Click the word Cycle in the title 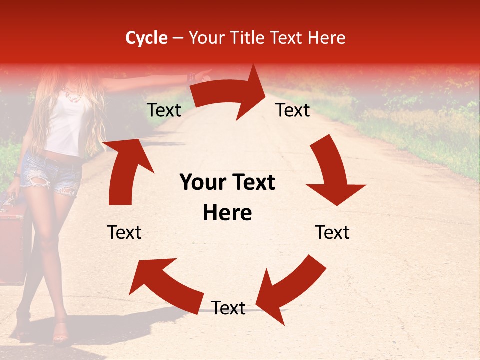click(x=146, y=38)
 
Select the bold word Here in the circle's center click(x=227, y=213)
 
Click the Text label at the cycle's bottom click(x=228, y=308)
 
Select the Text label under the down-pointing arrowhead click(x=332, y=232)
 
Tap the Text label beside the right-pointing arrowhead click(x=293, y=110)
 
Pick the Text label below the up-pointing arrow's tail click(x=124, y=232)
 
